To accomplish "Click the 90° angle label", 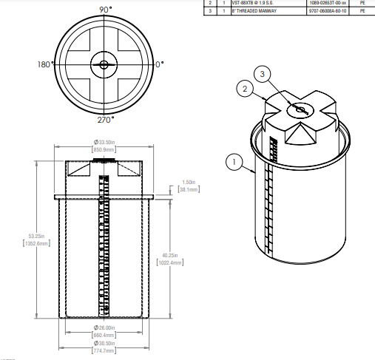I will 106,9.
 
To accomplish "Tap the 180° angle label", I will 45,64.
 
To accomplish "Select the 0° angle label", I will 159,64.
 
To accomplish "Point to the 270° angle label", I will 106,120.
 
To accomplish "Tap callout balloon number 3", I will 263,73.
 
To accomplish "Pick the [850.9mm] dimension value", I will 103,149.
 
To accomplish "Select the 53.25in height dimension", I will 27,236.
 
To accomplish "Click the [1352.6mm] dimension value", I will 27,243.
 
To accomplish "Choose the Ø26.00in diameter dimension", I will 102,327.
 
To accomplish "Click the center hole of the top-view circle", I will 103,64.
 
